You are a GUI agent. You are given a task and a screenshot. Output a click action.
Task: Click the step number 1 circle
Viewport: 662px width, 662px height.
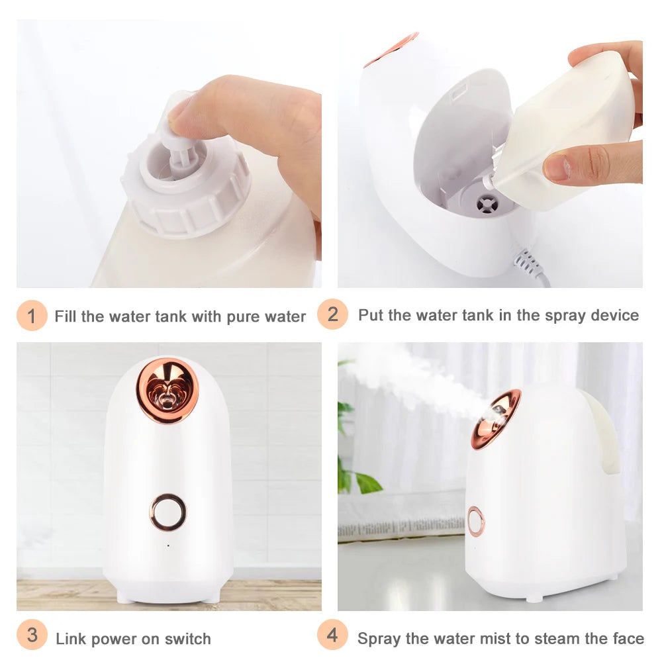pos(32,315)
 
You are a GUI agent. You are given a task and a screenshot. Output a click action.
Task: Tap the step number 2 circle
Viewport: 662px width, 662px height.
pos(332,314)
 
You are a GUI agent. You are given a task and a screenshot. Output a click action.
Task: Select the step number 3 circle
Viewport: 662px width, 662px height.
pos(32,638)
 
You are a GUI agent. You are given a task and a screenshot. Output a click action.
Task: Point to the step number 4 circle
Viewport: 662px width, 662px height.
pos(332,636)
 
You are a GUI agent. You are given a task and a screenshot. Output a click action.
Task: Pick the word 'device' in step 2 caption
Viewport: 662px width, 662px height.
pos(615,315)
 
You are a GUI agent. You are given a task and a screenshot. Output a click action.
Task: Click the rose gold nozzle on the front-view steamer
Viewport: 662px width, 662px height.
pos(167,391)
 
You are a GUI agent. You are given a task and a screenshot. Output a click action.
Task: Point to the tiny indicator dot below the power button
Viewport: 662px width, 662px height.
pos(167,545)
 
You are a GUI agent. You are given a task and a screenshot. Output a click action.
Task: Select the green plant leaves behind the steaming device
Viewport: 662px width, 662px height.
pos(354,463)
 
